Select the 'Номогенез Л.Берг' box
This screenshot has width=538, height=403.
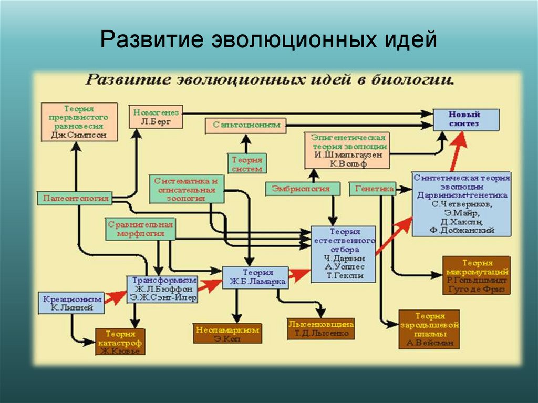156,117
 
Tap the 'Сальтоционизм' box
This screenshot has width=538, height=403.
246,125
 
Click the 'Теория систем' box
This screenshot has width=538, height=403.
246,163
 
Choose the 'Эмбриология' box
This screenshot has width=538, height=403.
301,188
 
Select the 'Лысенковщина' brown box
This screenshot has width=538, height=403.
320,328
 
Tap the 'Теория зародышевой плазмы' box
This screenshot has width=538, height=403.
430,330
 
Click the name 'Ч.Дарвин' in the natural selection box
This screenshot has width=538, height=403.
344,259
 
